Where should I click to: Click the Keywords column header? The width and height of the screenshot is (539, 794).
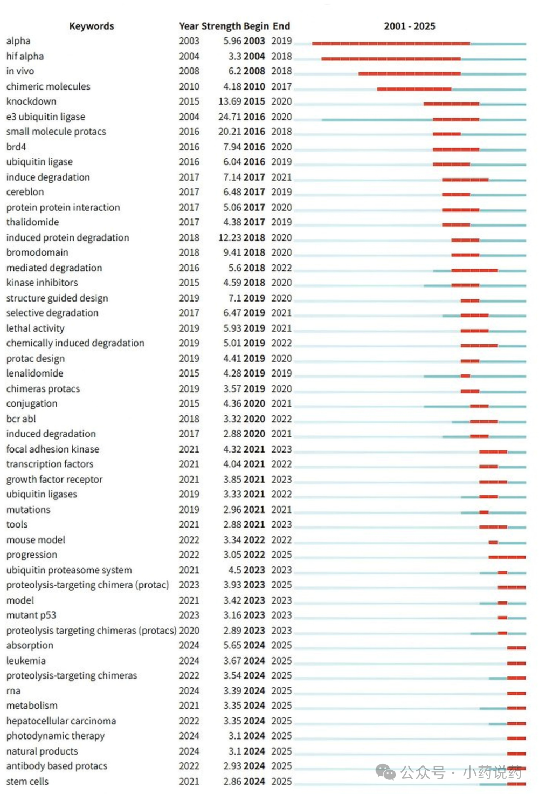coord(92,26)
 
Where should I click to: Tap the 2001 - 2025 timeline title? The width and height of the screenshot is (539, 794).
coord(410,26)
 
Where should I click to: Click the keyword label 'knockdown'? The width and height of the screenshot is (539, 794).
coord(31,101)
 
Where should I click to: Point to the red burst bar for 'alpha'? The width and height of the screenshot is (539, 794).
coord(391,44)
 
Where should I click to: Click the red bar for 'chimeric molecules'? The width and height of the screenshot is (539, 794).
coord(414,89)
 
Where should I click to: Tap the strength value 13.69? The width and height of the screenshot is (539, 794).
coord(230,101)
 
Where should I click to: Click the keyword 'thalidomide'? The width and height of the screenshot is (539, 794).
coord(32,222)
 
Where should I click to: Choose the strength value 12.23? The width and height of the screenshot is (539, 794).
coord(230,237)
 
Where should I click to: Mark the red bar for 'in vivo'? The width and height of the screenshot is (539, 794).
coord(410,74)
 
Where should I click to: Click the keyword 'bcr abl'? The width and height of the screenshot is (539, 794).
coord(21,419)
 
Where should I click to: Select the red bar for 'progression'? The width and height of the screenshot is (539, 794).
coord(507,557)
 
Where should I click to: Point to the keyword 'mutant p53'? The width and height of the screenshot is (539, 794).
coord(31,615)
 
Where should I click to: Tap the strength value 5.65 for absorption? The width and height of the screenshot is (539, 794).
coord(232,645)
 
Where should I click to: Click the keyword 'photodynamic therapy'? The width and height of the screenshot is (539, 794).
coord(56,736)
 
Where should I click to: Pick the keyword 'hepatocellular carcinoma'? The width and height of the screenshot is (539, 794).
coord(61,721)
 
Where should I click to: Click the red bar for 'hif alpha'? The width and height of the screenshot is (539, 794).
coord(391,59)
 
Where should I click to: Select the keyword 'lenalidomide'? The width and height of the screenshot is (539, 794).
coord(34,373)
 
